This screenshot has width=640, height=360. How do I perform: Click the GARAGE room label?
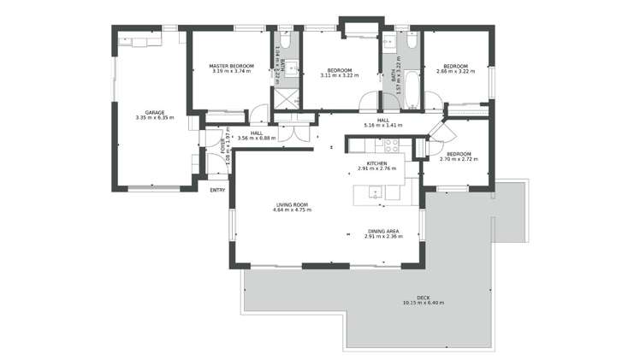coord(154,112)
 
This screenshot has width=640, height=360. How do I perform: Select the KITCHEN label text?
coord(377,163)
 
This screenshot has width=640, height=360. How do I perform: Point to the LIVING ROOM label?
coord(292,204)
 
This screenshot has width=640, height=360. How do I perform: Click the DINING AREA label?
coord(382,232)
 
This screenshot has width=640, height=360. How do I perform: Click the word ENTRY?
coord(217,190)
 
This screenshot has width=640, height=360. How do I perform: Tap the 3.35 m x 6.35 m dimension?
coord(154,117)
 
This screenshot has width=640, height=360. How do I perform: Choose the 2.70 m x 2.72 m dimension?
coord(459,160)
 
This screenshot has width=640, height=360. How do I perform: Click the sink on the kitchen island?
coord(376,193)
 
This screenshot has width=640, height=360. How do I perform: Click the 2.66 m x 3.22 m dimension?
coord(454,72)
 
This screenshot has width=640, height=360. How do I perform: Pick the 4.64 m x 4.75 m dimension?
coord(292,210)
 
